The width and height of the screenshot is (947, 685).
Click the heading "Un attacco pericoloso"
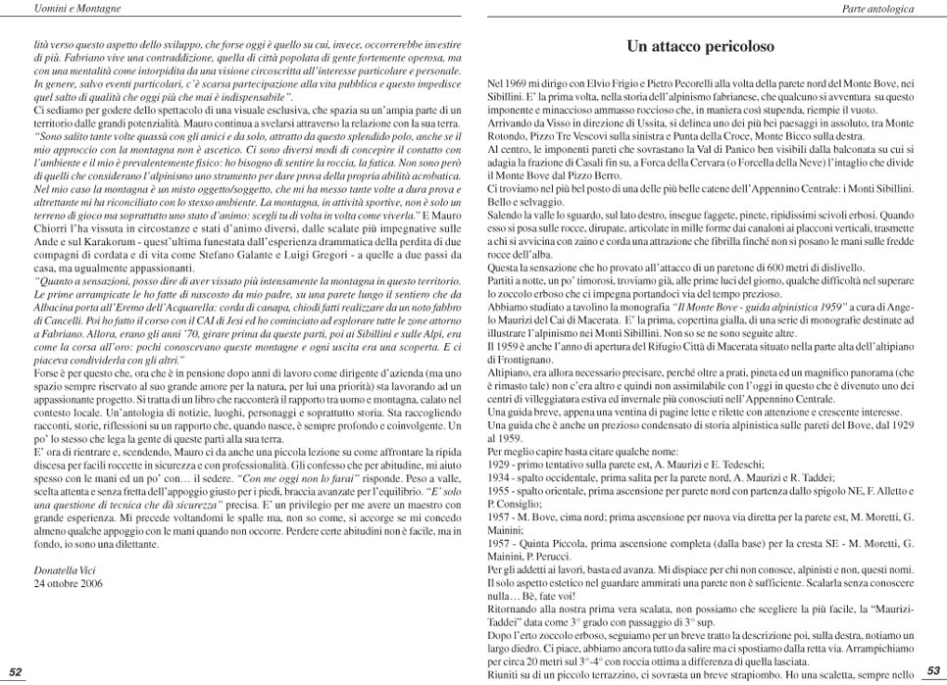click(700, 46)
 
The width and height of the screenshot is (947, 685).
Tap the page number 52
click(16, 671)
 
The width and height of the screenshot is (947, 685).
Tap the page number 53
click(933, 671)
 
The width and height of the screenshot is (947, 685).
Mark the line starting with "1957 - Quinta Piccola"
click(700, 542)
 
